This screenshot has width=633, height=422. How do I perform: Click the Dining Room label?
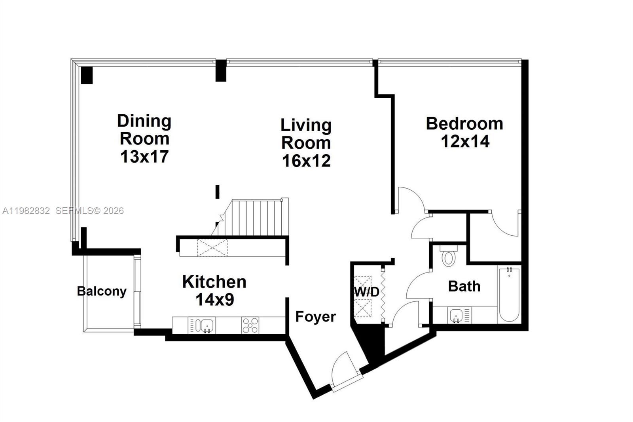[144, 130]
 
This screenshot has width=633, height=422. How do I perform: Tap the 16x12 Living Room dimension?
[306, 161]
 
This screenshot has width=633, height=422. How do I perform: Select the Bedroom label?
[464, 124]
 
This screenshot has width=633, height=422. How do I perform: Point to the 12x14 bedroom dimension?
[465, 141]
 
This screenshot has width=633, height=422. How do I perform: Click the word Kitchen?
[214, 282]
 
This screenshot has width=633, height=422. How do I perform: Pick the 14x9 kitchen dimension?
[215, 299]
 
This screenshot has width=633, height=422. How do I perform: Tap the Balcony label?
[102, 291]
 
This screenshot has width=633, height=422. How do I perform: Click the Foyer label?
[316, 317]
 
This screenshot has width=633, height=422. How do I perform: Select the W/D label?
[366, 292]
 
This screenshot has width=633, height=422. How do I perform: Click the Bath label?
[464, 286]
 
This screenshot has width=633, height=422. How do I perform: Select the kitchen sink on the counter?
[207, 325]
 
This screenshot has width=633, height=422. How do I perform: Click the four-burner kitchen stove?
[250, 325]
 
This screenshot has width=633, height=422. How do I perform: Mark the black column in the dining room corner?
[87, 75]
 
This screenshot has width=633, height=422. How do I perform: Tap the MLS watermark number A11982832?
[26, 211]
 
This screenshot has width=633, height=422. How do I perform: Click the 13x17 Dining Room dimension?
[144, 157]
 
